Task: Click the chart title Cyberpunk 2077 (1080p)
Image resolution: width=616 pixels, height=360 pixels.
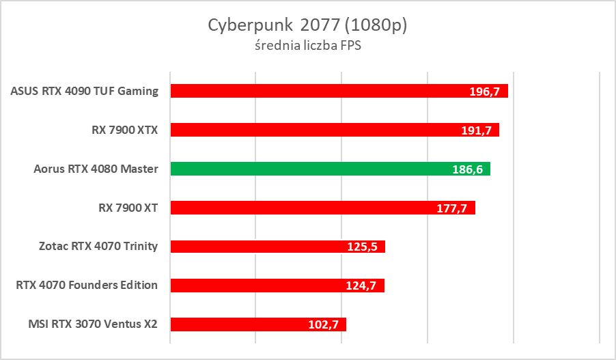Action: pos(307,25)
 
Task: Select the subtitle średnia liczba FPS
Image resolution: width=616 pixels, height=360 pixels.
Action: pos(307,46)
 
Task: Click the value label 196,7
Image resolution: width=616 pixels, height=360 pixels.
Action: pos(487,92)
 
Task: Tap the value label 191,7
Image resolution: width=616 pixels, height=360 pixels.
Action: pos(478,130)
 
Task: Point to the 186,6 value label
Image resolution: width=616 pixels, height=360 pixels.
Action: pos(469,169)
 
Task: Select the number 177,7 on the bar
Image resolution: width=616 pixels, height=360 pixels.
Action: pos(452,208)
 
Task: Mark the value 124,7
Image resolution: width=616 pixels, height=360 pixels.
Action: pos(362,286)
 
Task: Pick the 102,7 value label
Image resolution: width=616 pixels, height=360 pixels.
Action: pos(324,325)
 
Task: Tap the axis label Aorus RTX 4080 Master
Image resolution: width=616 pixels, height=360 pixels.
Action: pos(96,169)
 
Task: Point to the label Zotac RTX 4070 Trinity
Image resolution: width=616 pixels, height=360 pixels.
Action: pos(98,246)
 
